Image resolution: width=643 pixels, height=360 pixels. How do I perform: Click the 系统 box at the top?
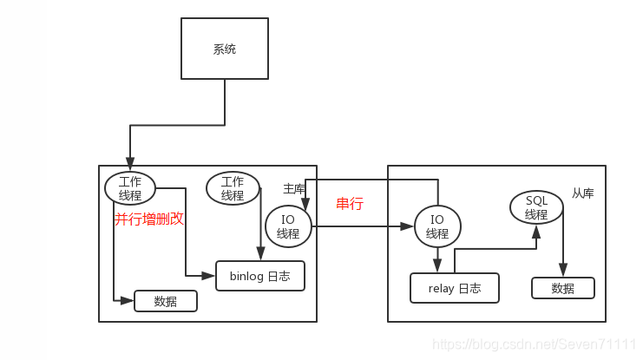224,49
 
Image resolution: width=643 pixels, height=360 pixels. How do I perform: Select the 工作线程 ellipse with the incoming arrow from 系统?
130,188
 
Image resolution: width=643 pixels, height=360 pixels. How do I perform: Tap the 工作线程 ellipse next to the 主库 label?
233,188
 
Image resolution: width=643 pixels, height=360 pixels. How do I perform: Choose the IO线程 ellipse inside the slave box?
437,226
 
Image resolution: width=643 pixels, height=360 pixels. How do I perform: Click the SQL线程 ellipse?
536,208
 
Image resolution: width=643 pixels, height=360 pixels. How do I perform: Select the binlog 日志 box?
260,276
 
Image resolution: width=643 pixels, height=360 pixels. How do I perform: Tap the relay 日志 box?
455,288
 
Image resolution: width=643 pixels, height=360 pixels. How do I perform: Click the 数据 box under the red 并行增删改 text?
166,301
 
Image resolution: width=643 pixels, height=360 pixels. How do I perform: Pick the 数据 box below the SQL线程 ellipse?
562,288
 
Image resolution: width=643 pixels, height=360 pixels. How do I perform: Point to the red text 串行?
349,205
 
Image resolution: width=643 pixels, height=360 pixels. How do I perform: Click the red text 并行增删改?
149,219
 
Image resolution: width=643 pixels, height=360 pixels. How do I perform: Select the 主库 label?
293,188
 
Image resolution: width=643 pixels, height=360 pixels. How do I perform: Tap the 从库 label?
583,193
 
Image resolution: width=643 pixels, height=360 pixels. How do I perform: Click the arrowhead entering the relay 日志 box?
437,268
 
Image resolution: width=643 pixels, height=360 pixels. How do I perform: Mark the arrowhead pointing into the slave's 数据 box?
562,272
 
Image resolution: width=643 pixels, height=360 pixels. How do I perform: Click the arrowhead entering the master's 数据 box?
129,301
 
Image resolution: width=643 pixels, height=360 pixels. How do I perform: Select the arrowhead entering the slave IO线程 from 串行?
409,226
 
